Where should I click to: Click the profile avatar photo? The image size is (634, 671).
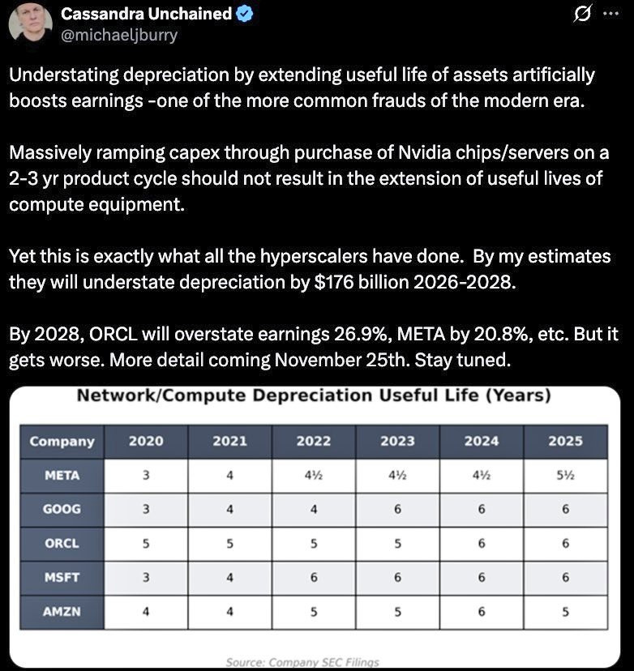click(x=30, y=24)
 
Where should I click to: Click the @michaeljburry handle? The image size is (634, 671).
click(x=119, y=35)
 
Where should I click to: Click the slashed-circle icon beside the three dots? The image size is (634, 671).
click(x=581, y=14)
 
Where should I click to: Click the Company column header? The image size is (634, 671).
click(x=62, y=441)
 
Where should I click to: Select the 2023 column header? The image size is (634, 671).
click(x=397, y=441)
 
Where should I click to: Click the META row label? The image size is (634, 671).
click(x=62, y=476)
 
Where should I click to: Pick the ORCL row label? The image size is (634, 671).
click(x=62, y=544)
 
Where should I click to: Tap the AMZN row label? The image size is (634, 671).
click(x=62, y=611)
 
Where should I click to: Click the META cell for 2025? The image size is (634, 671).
click(x=565, y=476)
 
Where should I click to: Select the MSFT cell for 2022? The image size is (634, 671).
click(x=314, y=578)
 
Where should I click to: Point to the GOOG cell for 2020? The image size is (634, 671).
click(x=146, y=510)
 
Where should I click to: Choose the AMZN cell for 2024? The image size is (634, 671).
click(x=482, y=611)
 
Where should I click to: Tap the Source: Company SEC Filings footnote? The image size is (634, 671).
click(x=302, y=662)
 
